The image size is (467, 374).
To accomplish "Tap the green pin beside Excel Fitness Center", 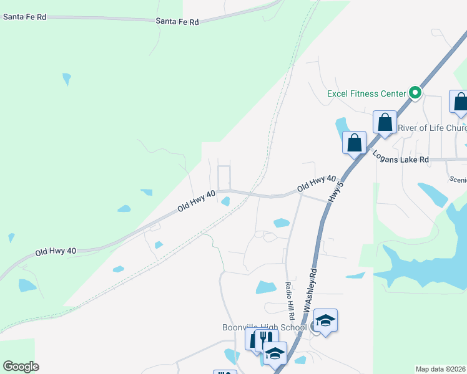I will [415, 93].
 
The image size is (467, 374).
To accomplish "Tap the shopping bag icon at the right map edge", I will [460, 102].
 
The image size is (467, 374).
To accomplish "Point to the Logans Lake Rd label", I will [401, 156].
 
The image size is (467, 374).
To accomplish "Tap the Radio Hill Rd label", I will [289, 300].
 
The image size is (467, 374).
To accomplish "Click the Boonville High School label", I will [265, 327].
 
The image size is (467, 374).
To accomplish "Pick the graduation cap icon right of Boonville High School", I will [325, 321].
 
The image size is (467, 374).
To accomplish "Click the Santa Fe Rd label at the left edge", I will [24, 17].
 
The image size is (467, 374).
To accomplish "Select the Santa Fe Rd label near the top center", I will [177, 22].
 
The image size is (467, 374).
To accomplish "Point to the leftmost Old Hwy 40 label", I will [56, 252].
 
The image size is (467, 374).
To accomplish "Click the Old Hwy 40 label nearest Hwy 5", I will [317, 183].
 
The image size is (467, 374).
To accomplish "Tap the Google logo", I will [21, 367].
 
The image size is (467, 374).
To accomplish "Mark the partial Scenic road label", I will [458, 179].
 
